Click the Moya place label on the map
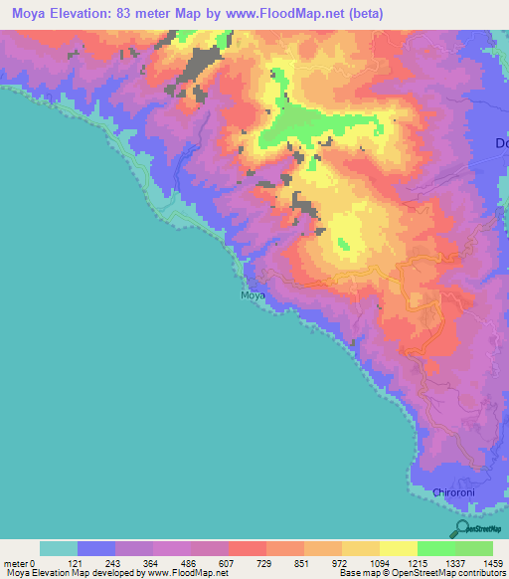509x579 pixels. click(253, 295)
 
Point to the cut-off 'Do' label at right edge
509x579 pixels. click(501, 143)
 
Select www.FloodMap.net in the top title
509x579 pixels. click(279, 14)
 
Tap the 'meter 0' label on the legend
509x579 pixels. click(19, 563)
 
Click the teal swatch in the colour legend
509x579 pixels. click(58, 548)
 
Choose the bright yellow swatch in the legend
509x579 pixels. click(398, 548)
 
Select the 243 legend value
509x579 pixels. click(133, 563)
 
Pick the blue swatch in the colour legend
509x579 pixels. click(95, 548)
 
